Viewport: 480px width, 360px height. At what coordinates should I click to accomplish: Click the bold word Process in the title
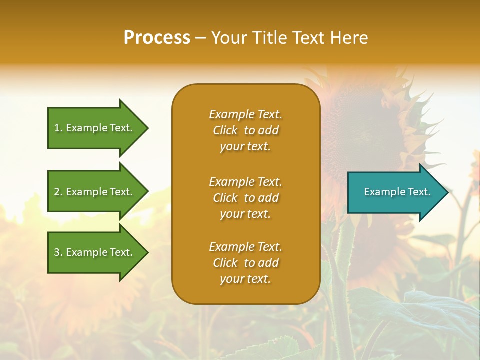[x=157, y=38]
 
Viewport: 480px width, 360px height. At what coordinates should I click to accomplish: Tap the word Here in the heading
[x=349, y=38]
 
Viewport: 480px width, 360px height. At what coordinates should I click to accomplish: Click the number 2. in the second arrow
[x=58, y=192]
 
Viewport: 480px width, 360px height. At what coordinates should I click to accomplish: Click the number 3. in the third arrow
[x=58, y=252]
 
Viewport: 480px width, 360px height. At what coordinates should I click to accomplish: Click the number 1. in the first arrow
[x=58, y=128]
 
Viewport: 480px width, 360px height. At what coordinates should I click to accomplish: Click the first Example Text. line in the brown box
[x=245, y=114]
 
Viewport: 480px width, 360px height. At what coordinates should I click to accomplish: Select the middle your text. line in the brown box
[x=245, y=214]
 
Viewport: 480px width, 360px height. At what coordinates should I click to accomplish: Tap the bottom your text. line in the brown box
[x=245, y=279]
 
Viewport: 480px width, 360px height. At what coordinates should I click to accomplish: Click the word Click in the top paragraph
[x=225, y=131]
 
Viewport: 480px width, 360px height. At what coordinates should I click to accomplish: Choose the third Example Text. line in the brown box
[x=245, y=247]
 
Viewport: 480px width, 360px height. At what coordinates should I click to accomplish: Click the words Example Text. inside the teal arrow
[x=397, y=192]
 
